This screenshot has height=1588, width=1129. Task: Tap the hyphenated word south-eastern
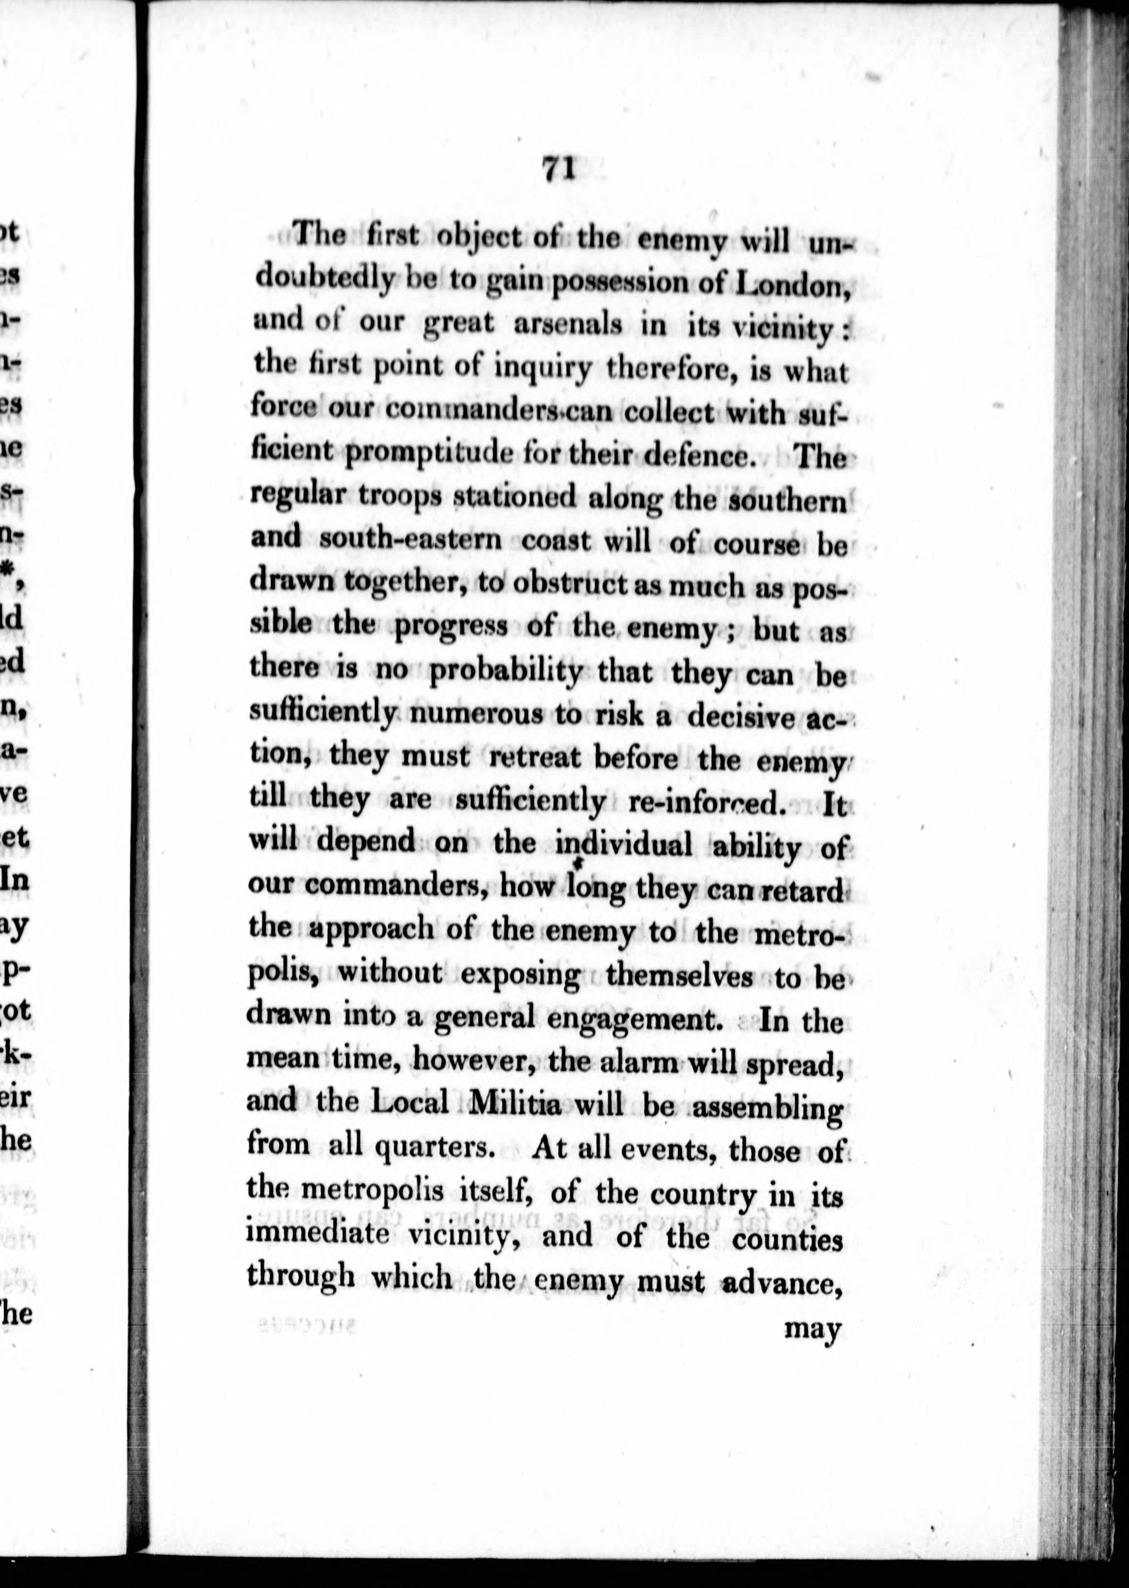point(410,540)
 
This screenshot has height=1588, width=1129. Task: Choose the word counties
point(788,1238)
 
